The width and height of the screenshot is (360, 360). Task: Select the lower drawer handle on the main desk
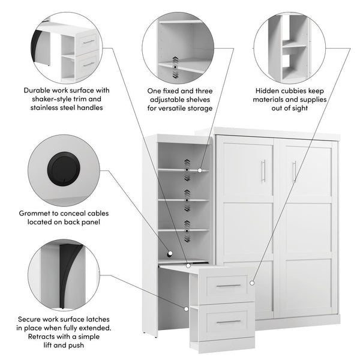pyautogui.click(x=228, y=322)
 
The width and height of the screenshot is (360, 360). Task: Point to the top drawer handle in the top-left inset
pyautogui.click(x=89, y=41)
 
